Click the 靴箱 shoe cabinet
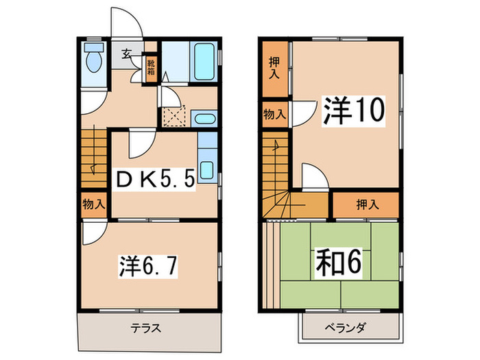(x=151, y=68)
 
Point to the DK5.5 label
(x=154, y=180)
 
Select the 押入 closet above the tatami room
(x=365, y=204)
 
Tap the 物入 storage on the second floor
(x=275, y=114)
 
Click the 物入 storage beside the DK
(x=93, y=204)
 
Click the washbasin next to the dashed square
(x=204, y=118)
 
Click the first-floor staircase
(x=94, y=158)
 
